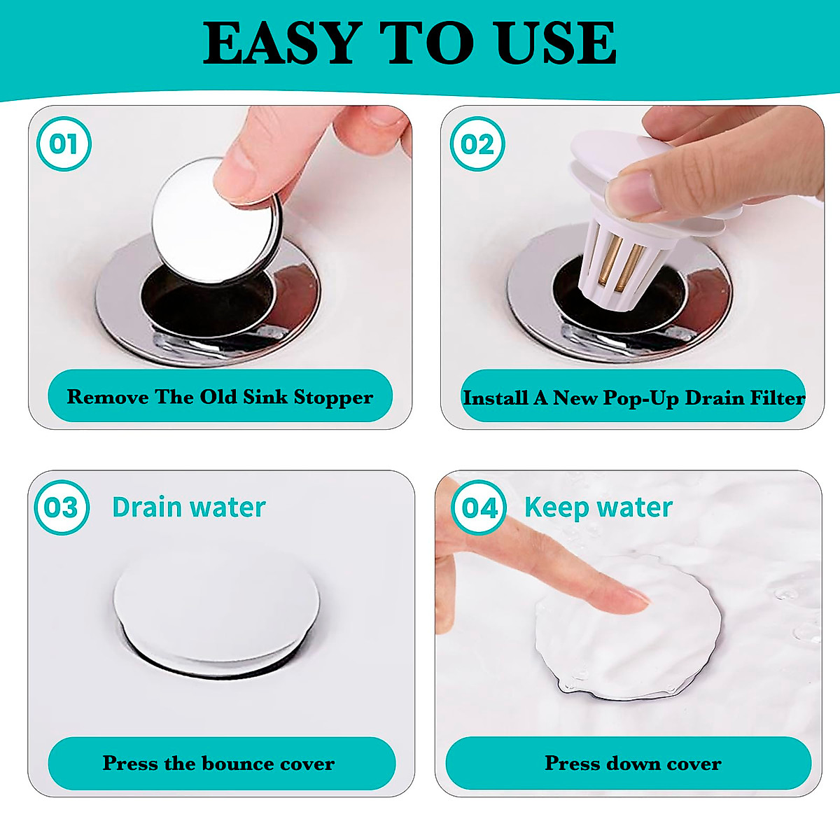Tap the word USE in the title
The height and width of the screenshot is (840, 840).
[556, 43]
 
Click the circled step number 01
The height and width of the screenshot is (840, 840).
[64, 144]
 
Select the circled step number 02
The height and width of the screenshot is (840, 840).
[477, 144]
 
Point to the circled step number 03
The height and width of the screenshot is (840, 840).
[62, 507]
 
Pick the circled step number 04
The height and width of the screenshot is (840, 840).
[479, 507]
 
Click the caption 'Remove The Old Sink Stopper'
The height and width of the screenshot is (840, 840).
[220, 397]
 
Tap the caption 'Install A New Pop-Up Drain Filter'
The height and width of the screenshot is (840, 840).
[633, 398]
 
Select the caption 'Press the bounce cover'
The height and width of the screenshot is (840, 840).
[219, 763]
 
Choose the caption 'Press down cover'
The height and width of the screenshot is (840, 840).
[633, 763]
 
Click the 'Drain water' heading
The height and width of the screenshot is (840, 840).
[189, 507]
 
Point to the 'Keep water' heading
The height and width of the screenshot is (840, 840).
[598, 507]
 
